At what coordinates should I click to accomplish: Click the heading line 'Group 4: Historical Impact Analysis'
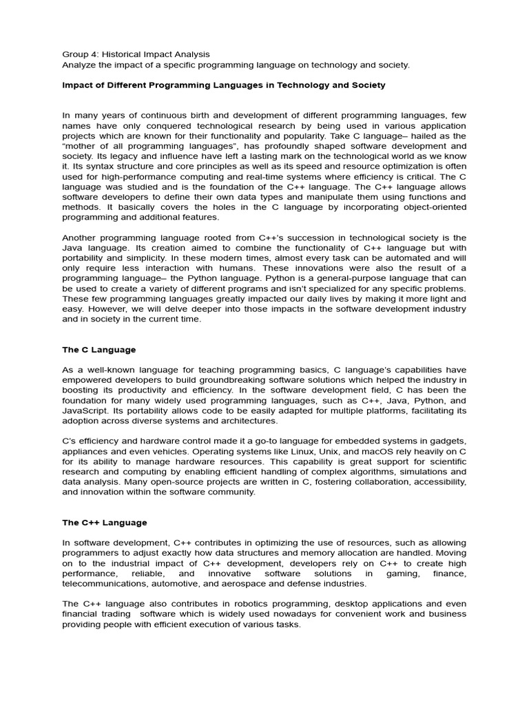coord(136,54)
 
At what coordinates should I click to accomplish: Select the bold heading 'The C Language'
coord(98,350)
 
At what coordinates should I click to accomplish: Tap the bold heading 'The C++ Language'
coord(105,523)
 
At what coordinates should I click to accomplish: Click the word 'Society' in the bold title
coord(368,85)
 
